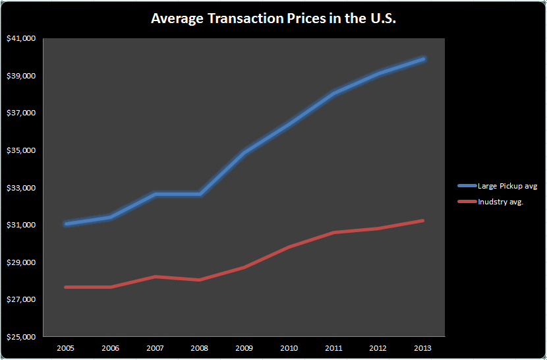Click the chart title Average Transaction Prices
coord(273,18)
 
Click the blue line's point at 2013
coord(423,59)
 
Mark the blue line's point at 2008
coord(200,194)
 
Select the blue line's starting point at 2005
coord(66,224)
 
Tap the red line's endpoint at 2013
coord(423,220)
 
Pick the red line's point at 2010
coord(289,247)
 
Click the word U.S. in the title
coord(379,18)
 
